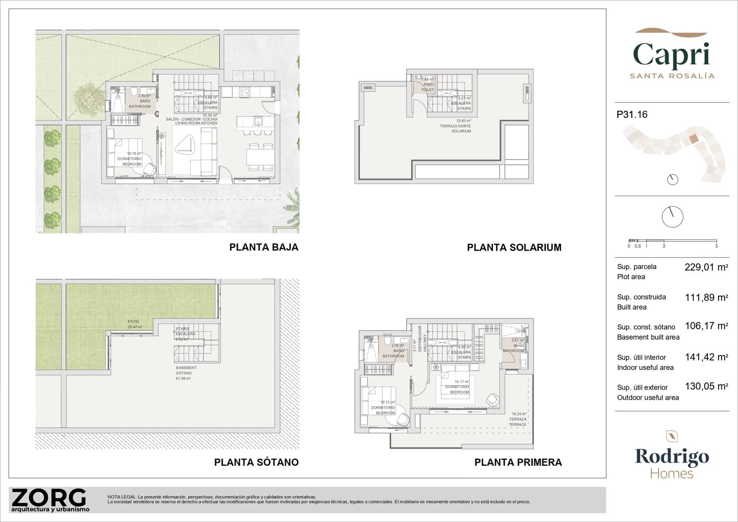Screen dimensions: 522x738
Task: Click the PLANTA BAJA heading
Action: coord(264,247)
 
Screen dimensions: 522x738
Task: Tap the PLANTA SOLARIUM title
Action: coord(514,247)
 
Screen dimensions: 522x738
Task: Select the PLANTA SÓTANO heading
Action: coord(256,462)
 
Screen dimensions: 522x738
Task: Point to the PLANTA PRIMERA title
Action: coord(518,462)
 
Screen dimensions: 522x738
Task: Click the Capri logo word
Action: coord(671,55)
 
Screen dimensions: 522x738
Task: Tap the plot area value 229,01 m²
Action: coord(706,267)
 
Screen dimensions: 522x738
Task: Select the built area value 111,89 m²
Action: coord(706,298)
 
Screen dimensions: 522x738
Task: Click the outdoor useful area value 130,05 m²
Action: coord(706,387)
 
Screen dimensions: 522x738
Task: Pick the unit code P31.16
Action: coord(632,114)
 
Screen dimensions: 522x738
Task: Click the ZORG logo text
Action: coord(49,498)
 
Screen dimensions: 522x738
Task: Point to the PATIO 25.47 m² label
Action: coord(135,324)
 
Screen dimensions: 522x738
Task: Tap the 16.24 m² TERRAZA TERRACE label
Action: coord(518,419)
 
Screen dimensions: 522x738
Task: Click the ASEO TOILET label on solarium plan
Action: coord(428,85)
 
